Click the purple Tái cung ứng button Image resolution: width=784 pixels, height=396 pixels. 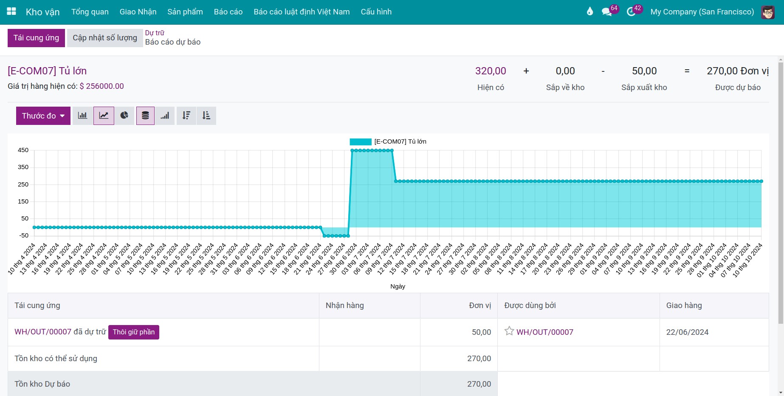pos(36,38)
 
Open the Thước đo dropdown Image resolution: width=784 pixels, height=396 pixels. pos(43,116)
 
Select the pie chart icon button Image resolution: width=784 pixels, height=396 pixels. pos(124,116)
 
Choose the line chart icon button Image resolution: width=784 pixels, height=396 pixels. pos(104,116)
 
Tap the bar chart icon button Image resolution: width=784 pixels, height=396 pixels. pos(83,116)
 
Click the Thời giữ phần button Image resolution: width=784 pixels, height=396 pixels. pos(134,332)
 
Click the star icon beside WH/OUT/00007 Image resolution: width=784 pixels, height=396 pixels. pos(509,331)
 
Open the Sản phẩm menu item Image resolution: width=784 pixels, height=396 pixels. pos(185,12)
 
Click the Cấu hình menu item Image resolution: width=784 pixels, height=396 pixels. pos(376,12)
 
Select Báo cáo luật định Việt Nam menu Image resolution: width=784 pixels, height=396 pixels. pos(302,12)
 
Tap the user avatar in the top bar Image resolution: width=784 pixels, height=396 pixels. pos(768,12)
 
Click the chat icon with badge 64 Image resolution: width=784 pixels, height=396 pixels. pos(607,12)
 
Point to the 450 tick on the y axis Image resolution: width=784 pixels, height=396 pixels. pos(23,150)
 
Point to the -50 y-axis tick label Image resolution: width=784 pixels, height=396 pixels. pos(23,235)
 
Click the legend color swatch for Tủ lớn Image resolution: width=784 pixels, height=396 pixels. pos(361,141)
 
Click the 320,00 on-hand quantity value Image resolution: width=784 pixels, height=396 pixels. pos(491,71)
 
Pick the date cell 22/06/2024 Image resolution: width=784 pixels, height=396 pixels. pos(687,332)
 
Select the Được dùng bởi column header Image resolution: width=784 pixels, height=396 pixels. pos(530,305)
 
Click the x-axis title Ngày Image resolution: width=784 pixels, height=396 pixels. pos(398,286)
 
